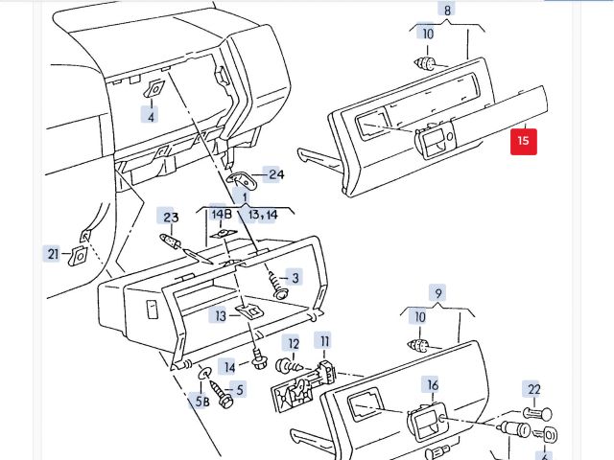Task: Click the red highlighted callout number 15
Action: pos(523,141)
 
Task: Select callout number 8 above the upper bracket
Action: pos(446,11)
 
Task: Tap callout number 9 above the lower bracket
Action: pos(438,293)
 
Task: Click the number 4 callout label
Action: pos(149,117)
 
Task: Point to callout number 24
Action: pos(276,174)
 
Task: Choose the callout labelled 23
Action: pos(171,217)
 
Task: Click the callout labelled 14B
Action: pos(222,213)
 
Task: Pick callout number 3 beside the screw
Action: pos(295,278)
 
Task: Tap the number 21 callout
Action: pos(52,254)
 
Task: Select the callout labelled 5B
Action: pos(202,402)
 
